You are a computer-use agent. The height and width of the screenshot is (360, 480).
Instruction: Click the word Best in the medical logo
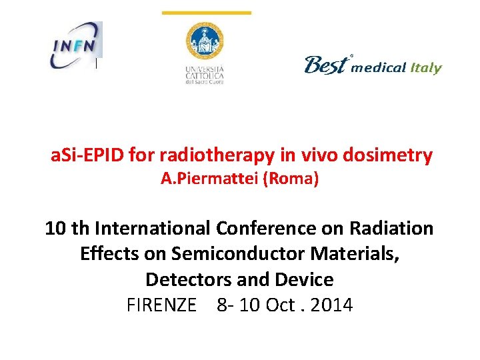(x=326, y=65)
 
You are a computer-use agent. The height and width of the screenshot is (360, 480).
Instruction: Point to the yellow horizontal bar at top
(x=207, y=13)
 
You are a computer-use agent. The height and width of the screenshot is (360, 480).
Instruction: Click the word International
(x=154, y=229)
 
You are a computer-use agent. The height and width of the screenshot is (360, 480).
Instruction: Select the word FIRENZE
(x=161, y=305)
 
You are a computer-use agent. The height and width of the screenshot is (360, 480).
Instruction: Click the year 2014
(x=331, y=305)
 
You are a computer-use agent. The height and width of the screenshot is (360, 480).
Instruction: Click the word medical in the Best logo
(x=378, y=68)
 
